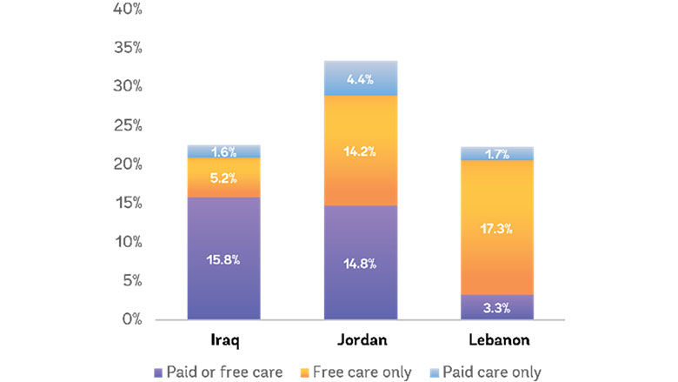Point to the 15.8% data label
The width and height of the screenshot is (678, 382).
223,259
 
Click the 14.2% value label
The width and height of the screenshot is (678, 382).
360,151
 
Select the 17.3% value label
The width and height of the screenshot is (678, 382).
496,229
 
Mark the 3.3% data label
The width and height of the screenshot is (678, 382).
496,307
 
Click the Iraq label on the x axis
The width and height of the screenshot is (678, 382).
224,338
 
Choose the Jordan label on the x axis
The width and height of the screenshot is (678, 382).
360,338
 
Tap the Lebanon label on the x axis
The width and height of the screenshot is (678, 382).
496,338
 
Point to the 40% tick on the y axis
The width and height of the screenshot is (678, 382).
127,10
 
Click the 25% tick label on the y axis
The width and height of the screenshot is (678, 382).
127,125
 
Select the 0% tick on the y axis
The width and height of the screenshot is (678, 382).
130,319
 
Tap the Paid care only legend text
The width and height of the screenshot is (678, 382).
491,372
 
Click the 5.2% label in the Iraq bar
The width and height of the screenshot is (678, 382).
223,178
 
